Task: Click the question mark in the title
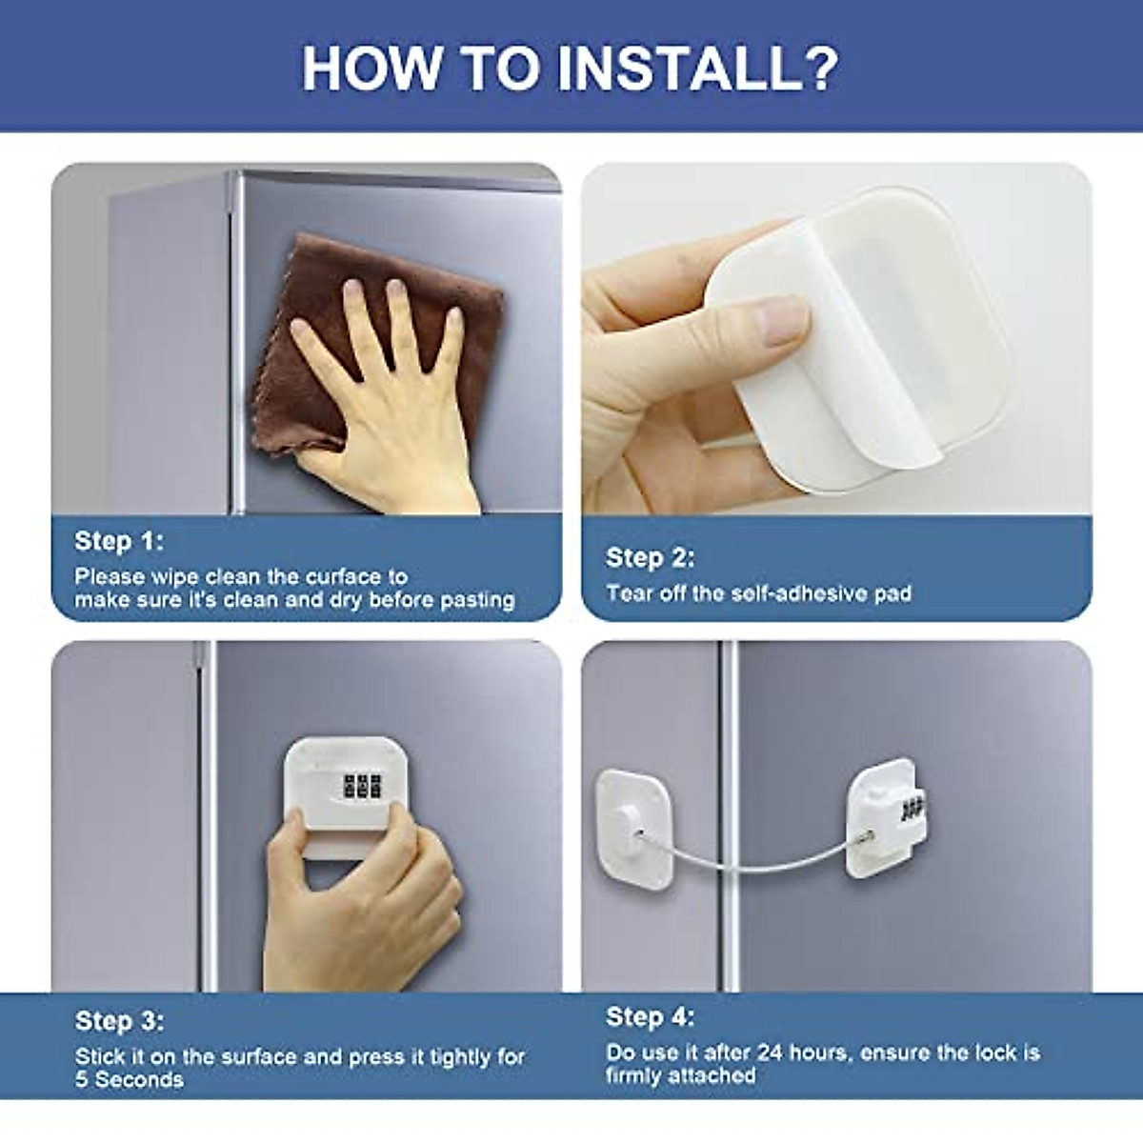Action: [815, 68]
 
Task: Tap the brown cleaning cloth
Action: [314, 286]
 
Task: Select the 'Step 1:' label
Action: [119, 541]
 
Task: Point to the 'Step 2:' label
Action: [651, 557]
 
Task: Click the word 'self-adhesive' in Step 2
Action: [795, 593]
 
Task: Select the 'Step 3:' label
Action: [119, 1021]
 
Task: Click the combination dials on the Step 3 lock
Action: [362, 786]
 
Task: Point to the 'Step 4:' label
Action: [651, 1016]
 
